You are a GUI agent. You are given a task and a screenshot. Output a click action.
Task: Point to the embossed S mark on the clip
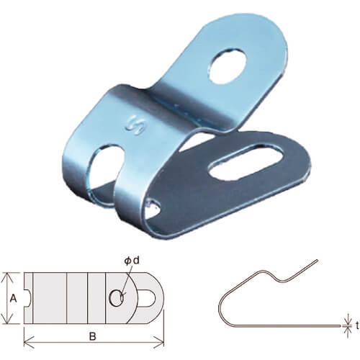tap(135, 124)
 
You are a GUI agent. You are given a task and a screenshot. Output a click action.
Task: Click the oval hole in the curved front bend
tap(106, 166)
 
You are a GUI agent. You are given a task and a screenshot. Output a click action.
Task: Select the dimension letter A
tap(14, 299)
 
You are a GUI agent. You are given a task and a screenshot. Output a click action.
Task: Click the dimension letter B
tap(93, 336)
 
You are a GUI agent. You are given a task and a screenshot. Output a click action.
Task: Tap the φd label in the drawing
tap(132, 261)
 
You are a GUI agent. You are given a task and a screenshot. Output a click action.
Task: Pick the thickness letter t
tap(357, 325)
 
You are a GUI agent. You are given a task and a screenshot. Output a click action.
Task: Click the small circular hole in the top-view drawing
tap(117, 298)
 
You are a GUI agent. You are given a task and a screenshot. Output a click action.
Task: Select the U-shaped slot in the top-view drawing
tap(147, 298)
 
